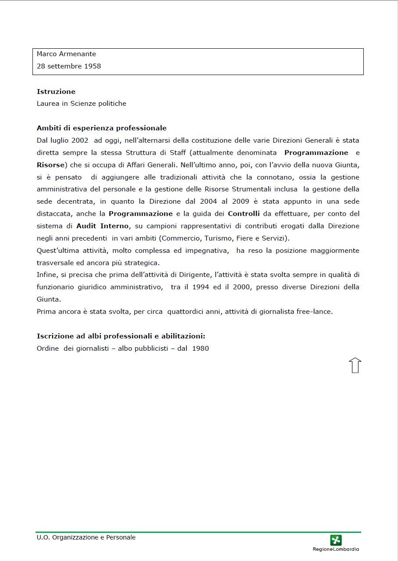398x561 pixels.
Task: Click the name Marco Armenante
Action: coord(66,54)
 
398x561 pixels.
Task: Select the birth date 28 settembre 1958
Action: coord(69,66)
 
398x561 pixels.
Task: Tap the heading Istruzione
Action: coord(56,92)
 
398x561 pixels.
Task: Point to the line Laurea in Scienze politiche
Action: coord(82,104)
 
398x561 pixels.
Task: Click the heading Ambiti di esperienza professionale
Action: coord(102,128)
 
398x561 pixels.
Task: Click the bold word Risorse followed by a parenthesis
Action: coord(51,165)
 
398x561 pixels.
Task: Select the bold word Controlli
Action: coord(244,214)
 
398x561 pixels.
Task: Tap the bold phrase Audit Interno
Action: coord(103,226)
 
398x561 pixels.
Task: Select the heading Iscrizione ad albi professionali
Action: coord(121,336)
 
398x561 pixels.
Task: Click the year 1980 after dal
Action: coord(201,349)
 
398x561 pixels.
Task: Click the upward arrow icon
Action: coord(355,365)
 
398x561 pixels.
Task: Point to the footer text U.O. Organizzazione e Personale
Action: coord(86,537)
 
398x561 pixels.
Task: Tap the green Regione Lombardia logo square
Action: coord(336,540)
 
